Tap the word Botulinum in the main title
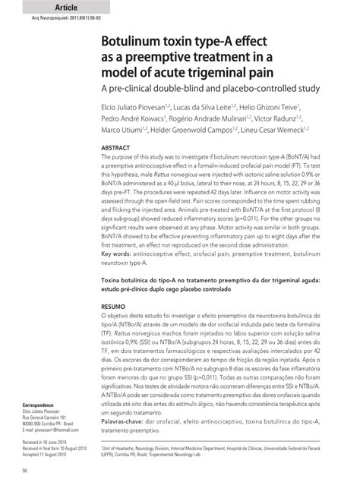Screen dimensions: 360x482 point(137,40)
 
